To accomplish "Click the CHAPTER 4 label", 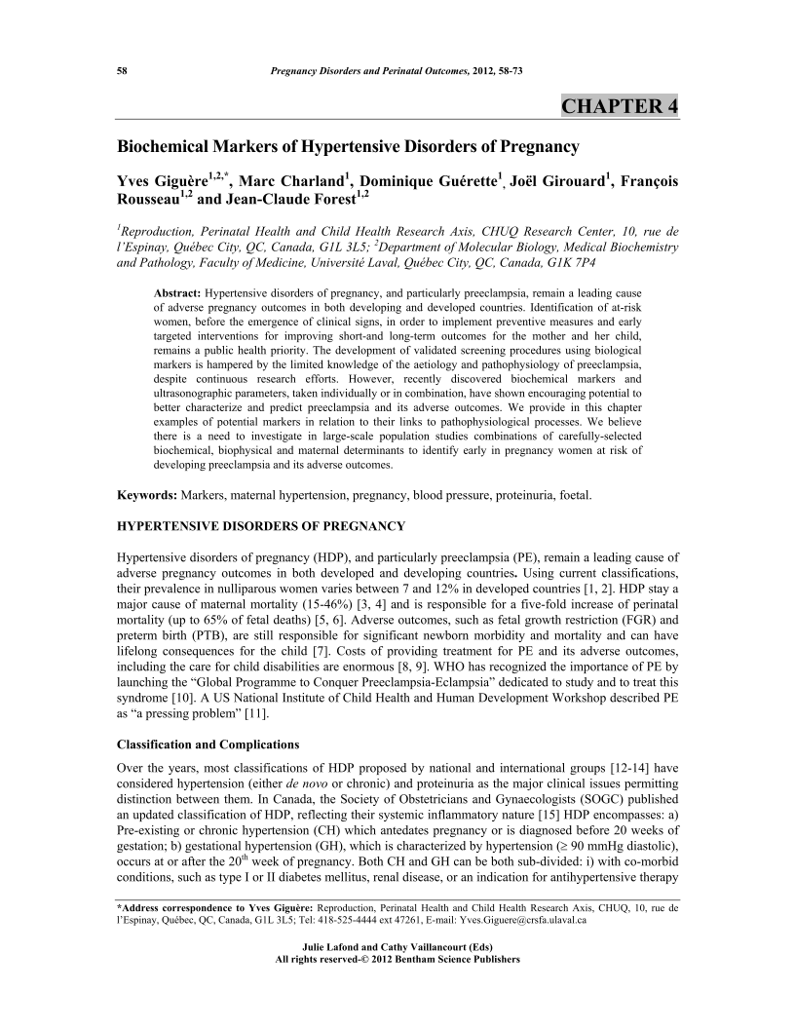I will tap(620, 106).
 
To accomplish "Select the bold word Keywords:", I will tap(147, 495).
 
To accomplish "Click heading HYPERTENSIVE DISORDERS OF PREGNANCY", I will tap(260, 526).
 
